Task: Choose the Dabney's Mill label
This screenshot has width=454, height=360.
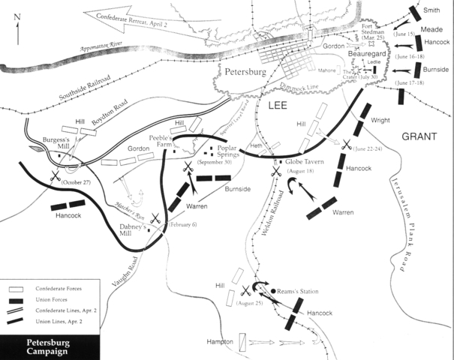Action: pyautogui.click(x=132, y=226)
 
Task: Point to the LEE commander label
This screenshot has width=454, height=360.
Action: pyautogui.click(x=279, y=109)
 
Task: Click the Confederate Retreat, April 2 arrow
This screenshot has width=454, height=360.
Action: pyautogui.click(x=135, y=15)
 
